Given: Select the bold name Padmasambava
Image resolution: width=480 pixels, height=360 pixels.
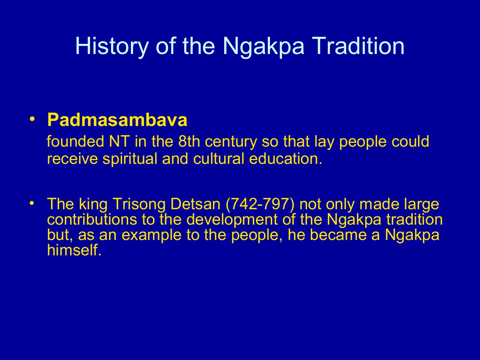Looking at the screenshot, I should coord(117,120).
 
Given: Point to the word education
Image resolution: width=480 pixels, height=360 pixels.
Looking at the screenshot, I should coord(285,159).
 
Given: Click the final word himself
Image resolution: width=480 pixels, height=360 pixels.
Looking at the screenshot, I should coord(74,250).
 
